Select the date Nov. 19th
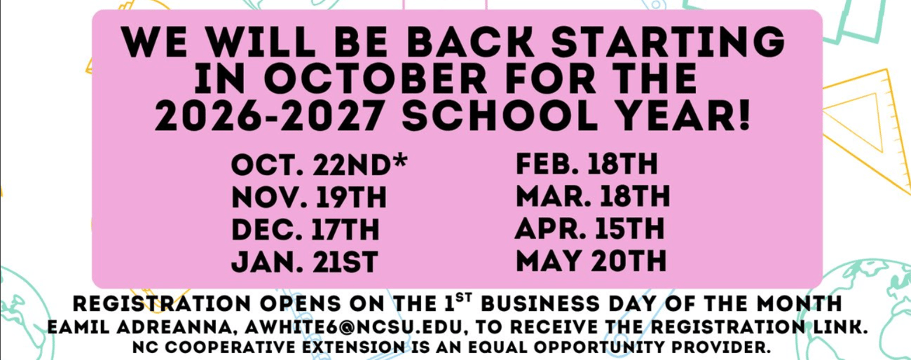click(309, 198)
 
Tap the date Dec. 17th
click(306, 229)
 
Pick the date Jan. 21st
click(305, 262)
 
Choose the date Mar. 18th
click(593, 196)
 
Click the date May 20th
click(591, 260)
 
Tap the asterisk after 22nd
click(400, 160)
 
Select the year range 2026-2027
click(269, 115)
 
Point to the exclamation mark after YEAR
click(744, 115)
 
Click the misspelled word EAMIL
click(78, 327)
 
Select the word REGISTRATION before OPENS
click(162, 304)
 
